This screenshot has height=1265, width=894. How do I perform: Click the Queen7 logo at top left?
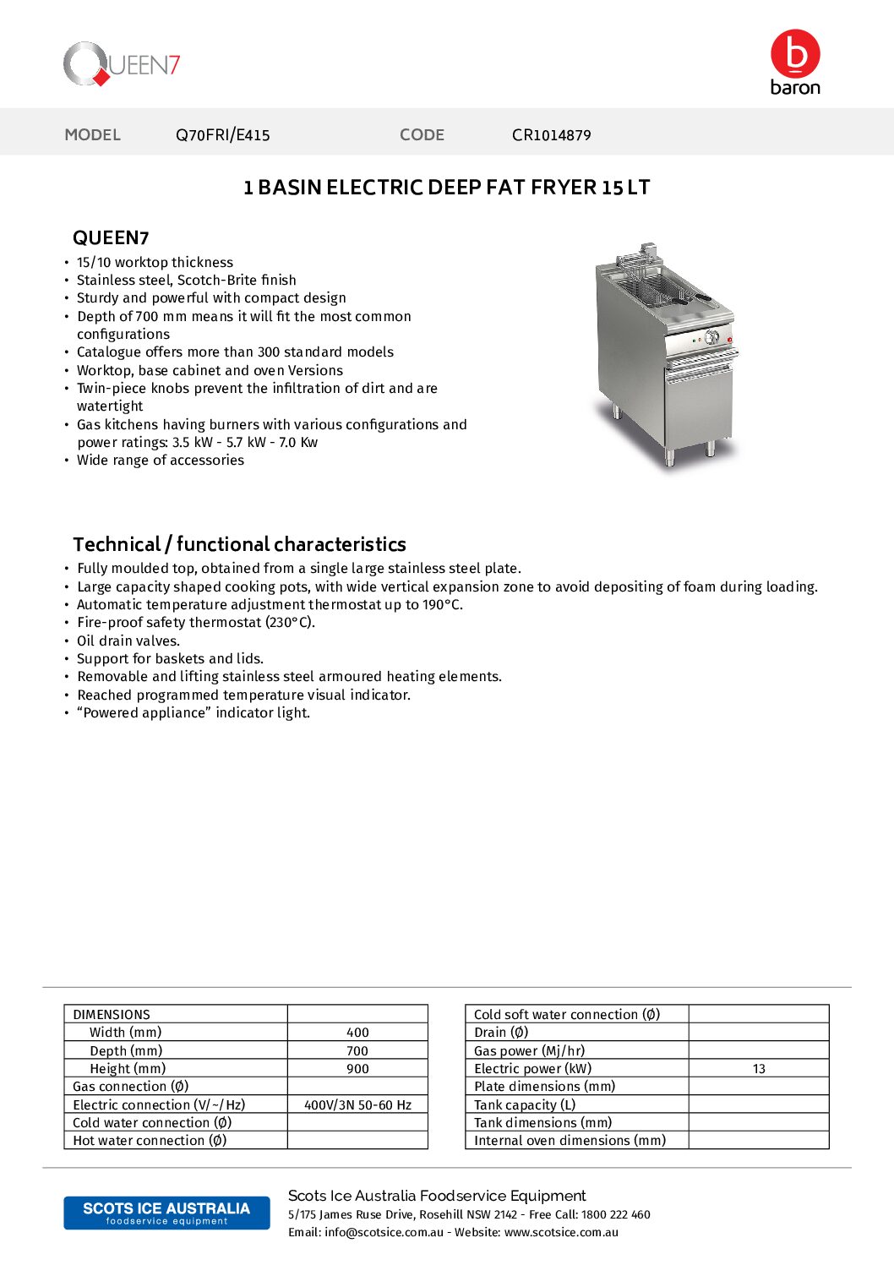122,64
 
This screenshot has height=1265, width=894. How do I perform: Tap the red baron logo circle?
795,54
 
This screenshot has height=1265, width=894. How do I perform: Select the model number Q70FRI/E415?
222,135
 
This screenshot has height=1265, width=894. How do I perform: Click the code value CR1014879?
551,135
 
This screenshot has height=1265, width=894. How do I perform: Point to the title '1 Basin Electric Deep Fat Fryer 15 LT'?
446,188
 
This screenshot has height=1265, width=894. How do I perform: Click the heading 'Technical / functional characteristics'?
239,544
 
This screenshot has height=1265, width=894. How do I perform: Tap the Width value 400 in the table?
357,1033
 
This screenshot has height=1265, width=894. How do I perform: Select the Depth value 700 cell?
357,1051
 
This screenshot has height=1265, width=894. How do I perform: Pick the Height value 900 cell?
357,1069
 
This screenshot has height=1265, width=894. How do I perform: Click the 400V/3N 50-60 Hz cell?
357,1105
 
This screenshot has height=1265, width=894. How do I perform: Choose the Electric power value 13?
759,1069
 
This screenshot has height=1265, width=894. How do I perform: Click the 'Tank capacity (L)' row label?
525,1105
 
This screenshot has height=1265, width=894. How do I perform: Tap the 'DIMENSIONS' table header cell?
112,1015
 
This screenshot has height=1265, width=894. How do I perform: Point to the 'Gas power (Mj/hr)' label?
529,1051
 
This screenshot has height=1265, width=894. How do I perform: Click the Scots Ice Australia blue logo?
166,1213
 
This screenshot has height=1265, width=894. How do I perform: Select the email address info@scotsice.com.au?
384,1233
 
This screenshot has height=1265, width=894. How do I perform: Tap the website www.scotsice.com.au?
561,1233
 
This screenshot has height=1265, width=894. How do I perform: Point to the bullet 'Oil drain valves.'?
128,641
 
